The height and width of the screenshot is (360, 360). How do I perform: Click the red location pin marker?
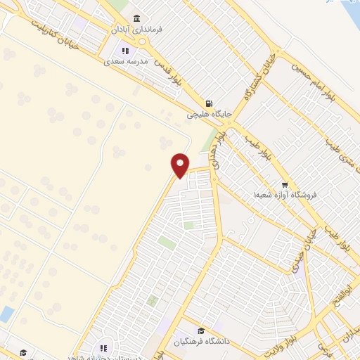coord(181,165)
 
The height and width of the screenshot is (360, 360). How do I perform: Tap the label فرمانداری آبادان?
coord(141,31)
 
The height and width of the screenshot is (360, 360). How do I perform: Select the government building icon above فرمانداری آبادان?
coord(136,18)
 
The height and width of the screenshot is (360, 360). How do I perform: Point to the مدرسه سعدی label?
coord(128,62)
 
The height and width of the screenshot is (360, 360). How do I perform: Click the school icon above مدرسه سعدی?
coord(126,51)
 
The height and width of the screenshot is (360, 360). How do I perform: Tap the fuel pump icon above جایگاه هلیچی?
coord(209,102)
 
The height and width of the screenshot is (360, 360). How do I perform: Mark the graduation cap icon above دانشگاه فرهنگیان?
coord(200,331)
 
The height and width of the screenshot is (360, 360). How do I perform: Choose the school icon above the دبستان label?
coord(103,347)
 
